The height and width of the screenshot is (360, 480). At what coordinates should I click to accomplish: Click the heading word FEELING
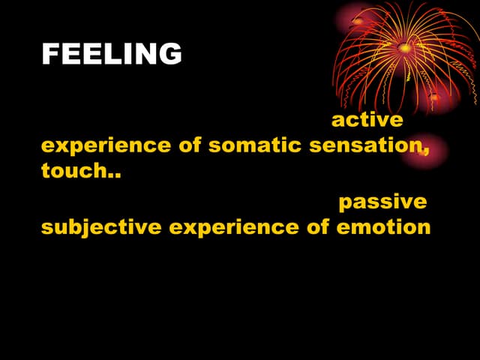click(x=112, y=54)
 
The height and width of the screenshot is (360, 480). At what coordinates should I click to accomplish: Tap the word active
click(x=367, y=120)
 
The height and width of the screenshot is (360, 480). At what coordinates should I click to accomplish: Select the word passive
click(x=382, y=202)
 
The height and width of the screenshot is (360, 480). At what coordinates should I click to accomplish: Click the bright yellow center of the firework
click(x=405, y=48)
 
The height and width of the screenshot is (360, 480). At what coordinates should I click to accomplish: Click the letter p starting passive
click(x=345, y=205)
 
